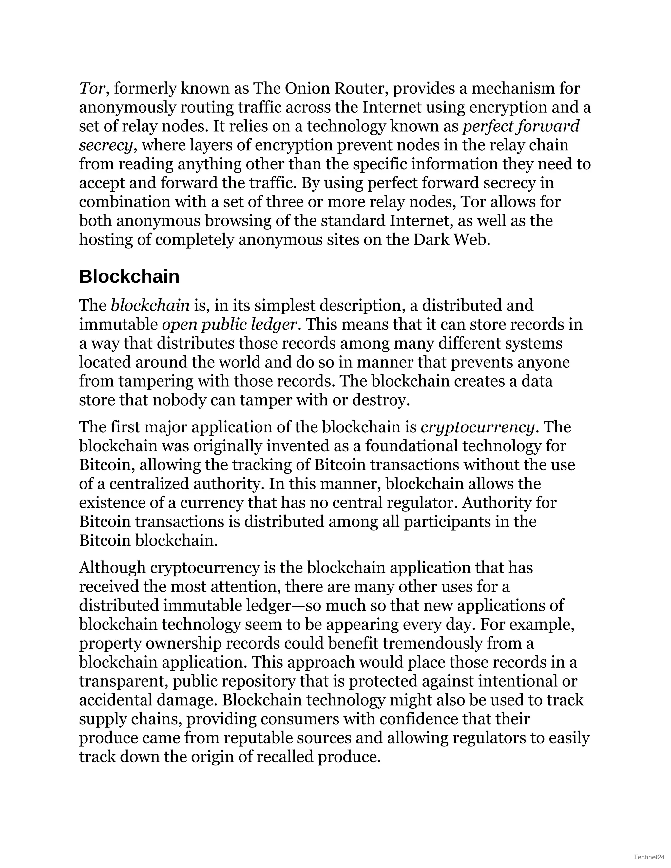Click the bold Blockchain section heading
tap(129, 277)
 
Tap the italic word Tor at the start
tap(91, 88)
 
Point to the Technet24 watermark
tap(649, 857)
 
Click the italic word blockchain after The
tap(150, 306)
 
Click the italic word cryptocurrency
tap(477, 427)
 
